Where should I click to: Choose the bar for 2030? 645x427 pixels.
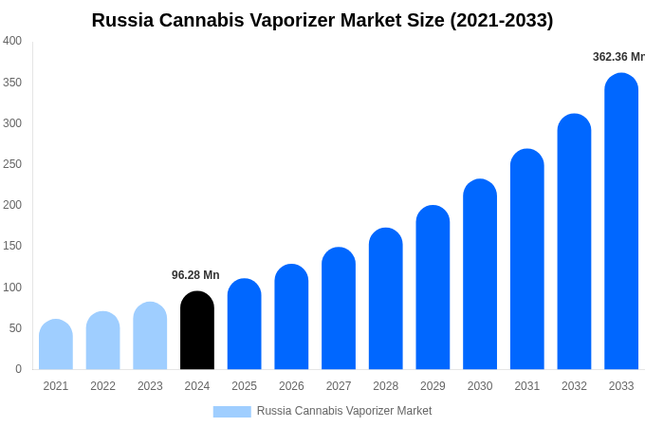(x=480, y=274)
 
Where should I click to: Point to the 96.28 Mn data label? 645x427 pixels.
(x=195, y=275)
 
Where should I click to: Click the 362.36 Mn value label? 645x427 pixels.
(x=618, y=57)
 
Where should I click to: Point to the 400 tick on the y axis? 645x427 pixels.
(x=12, y=41)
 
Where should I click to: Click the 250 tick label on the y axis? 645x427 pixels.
(x=12, y=164)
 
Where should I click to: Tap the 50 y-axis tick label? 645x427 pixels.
(x=15, y=328)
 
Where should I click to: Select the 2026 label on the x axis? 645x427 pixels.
(x=291, y=386)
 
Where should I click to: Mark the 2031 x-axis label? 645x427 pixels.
(x=527, y=386)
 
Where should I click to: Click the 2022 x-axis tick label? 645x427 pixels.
(x=103, y=386)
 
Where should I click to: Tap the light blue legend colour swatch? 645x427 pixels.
(x=231, y=412)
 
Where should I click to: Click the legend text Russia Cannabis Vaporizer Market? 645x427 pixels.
(x=344, y=411)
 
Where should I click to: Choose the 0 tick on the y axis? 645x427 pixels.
(x=18, y=369)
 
